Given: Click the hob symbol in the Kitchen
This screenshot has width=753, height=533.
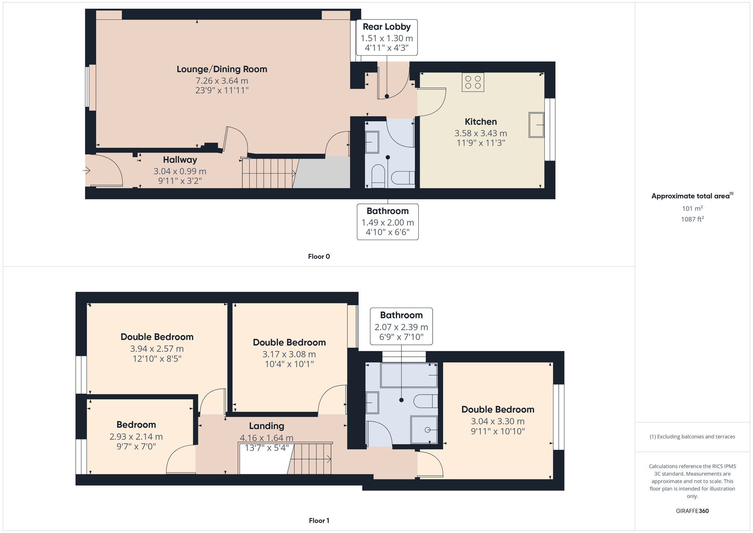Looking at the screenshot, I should pos(473,82).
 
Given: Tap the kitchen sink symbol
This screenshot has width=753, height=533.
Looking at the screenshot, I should pos(536,125).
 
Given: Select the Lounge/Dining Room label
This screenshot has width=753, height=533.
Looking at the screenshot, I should pos(222,69).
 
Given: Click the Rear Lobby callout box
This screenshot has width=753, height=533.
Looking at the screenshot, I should pos(387,37).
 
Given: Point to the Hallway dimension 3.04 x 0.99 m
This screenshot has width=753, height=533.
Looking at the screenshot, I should pos(180,171).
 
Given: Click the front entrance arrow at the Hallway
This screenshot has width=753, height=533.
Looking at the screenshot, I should pos(87,171).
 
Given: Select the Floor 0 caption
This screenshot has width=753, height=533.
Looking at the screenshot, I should pos(319,257).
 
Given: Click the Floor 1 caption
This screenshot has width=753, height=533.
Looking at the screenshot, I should pos(319,521).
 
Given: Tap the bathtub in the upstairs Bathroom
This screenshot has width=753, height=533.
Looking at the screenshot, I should pos(409,376).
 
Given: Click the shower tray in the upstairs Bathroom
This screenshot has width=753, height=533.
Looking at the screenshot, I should pos(424,429).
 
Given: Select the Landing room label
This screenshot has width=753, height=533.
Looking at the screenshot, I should pos(266,426).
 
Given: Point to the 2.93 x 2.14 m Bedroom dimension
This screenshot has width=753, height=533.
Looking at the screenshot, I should pos(136,437).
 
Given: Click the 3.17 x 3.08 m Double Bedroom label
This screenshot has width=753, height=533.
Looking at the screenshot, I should pos(289,342).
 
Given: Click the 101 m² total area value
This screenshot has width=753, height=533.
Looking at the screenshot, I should pos(692,208).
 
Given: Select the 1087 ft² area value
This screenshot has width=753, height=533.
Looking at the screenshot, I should pos(692,219).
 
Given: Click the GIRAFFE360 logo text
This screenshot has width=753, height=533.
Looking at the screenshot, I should pos(692,511).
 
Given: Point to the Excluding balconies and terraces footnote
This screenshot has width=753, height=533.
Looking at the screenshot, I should pos(692,437).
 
